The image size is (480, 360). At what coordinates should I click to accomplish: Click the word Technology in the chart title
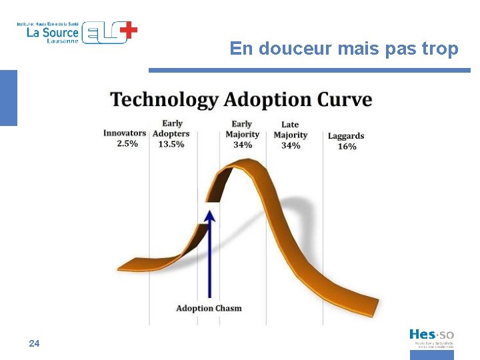[164, 100]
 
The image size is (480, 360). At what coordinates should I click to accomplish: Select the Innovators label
[124, 133]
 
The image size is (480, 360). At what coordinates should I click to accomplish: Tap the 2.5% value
[127, 143]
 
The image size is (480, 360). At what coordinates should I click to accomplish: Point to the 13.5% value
[171, 144]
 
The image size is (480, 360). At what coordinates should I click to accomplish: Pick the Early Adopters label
[171, 129]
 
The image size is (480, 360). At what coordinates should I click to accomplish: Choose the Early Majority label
[242, 129]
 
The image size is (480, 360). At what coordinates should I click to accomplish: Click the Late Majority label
[290, 130]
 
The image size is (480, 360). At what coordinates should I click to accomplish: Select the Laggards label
[346, 136]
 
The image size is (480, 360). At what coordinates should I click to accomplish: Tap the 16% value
[347, 147]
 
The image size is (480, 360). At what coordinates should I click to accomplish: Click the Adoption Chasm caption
[209, 308]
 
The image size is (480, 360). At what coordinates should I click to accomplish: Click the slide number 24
[35, 343]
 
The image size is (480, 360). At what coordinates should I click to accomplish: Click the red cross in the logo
[129, 29]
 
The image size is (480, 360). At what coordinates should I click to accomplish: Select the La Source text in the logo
[53, 32]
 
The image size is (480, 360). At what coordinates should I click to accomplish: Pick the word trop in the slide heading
[441, 49]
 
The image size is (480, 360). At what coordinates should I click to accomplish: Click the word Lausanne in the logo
[63, 41]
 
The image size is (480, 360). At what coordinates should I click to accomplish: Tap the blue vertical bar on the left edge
[8, 98]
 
